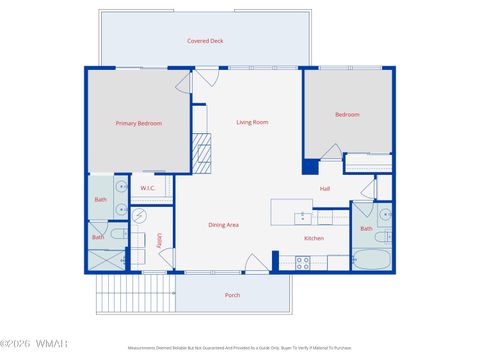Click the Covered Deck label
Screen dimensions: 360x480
(204, 41)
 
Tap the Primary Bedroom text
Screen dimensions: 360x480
(138, 123)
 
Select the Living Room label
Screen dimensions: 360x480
(252, 122)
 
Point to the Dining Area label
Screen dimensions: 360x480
(223, 225)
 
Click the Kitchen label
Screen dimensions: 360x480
(313, 239)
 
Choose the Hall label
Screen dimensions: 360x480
(324, 189)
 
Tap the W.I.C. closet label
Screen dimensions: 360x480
(147, 188)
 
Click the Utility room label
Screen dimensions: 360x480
(159, 240)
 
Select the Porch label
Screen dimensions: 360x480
(232, 295)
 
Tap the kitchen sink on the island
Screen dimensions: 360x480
(300, 216)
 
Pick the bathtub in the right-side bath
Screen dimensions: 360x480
(371, 260)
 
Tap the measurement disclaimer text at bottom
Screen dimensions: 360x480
(239, 347)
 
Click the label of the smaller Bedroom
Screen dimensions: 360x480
(347, 115)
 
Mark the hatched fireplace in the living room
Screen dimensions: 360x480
(203, 152)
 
